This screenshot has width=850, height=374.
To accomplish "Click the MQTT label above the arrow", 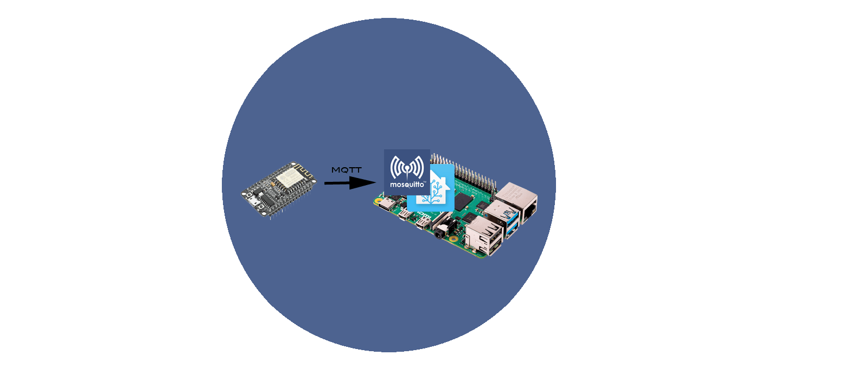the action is tap(347, 170).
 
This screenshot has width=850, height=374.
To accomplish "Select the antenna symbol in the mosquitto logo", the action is tap(407, 167).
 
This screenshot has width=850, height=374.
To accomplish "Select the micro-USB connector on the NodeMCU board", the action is tap(252, 201).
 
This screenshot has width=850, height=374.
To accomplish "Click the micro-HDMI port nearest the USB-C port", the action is tap(405, 214).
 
